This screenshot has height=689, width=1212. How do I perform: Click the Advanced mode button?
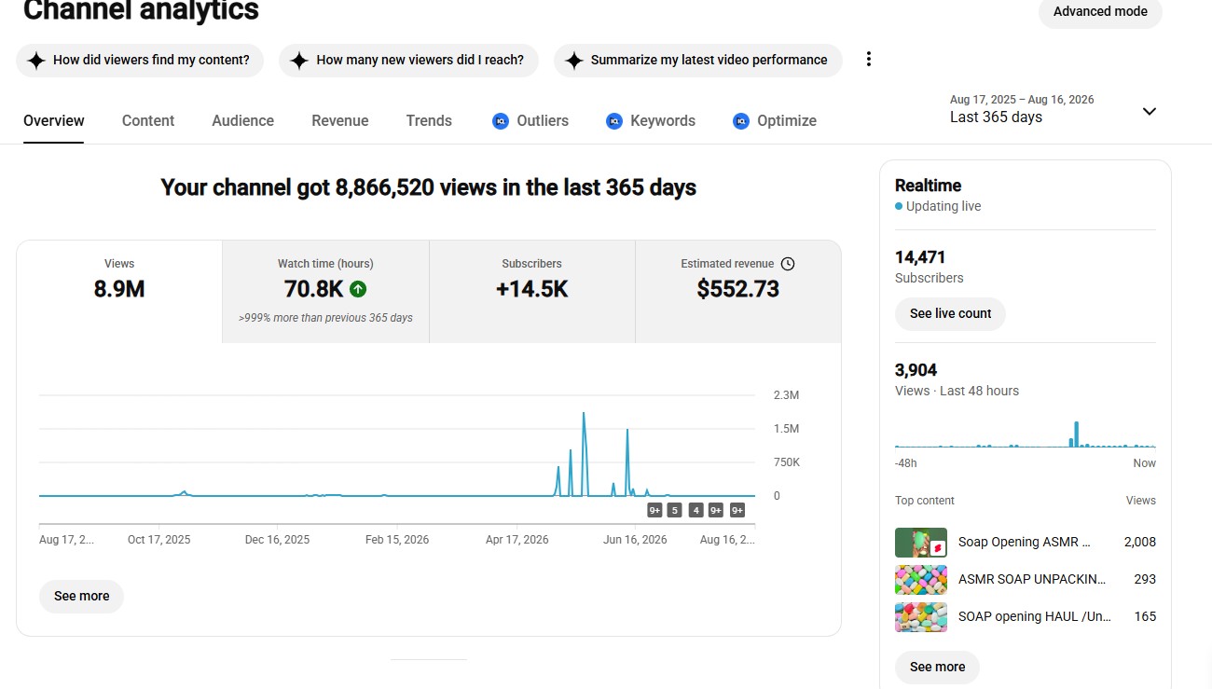(x=1100, y=11)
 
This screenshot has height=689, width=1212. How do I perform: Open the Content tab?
(x=147, y=120)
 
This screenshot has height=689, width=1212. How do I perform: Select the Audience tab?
(x=243, y=120)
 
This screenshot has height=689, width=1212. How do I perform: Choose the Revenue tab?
(x=339, y=120)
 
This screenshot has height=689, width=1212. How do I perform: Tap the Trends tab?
(x=429, y=120)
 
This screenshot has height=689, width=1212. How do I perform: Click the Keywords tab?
(x=651, y=120)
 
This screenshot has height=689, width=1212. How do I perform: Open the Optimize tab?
(x=774, y=120)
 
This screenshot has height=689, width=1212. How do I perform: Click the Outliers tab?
(x=530, y=120)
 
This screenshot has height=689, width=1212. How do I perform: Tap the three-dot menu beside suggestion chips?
(x=868, y=59)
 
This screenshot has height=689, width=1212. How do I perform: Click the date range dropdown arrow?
(x=1150, y=112)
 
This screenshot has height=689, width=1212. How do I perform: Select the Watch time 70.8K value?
(x=313, y=289)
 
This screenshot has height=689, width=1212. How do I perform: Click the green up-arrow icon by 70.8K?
(x=358, y=289)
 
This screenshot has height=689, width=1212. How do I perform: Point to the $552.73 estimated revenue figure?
(x=738, y=288)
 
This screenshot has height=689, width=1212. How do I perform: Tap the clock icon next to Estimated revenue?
(x=788, y=264)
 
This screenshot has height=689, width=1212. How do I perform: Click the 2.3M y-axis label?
(x=786, y=395)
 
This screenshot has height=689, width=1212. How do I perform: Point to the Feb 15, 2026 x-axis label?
(x=397, y=540)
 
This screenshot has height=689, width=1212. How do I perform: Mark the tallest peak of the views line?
(x=584, y=413)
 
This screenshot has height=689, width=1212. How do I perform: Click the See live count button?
(x=950, y=313)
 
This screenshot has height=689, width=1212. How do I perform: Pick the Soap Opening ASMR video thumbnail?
(x=921, y=543)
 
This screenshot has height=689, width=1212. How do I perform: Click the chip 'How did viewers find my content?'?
(x=140, y=60)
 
